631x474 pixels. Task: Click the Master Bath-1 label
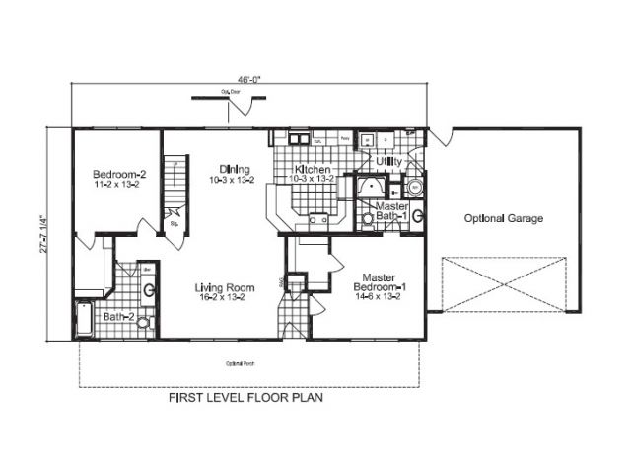(x=386, y=211)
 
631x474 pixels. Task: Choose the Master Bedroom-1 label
(x=379, y=282)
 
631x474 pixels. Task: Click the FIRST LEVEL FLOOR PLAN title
(x=246, y=401)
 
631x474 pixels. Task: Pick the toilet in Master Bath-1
(x=418, y=215)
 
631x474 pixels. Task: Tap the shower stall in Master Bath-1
(x=373, y=188)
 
